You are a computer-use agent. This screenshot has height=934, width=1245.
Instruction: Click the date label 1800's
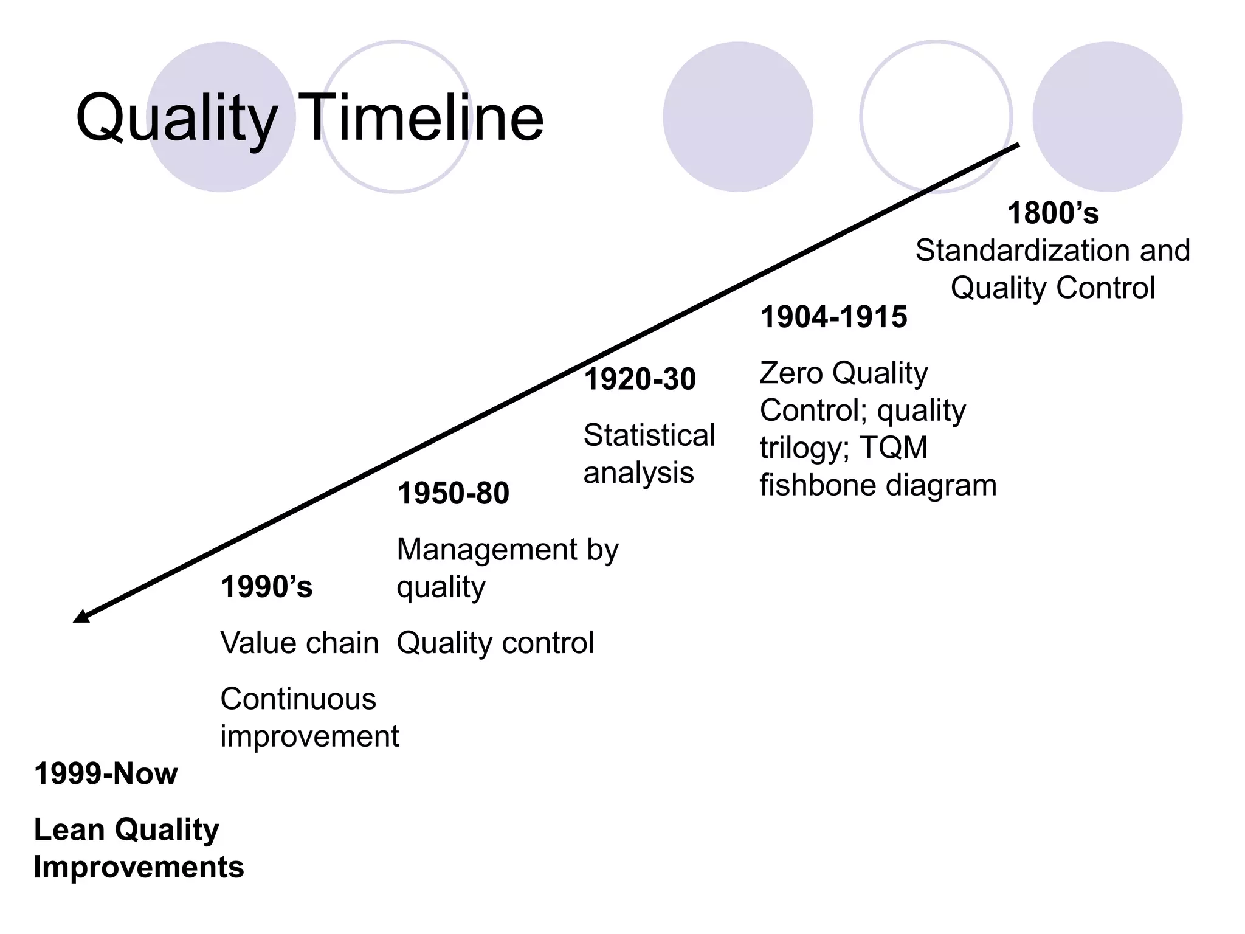(x=1053, y=213)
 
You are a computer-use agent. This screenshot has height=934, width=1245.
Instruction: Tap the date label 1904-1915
(x=833, y=317)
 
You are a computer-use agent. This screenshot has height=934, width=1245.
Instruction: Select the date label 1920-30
(x=640, y=379)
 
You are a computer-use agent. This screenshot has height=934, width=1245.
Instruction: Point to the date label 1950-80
(x=453, y=493)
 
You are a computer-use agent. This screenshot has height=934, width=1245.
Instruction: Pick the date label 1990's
(x=266, y=587)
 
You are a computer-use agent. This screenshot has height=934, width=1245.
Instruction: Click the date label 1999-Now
(x=106, y=774)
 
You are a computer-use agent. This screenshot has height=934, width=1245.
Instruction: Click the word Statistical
(x=649, y=435)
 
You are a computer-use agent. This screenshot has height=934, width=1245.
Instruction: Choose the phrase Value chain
(x=299, y=643)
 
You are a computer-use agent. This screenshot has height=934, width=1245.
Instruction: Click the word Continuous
(x=298, y=699)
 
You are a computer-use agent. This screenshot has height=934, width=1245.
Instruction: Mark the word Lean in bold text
(x=69, y=830)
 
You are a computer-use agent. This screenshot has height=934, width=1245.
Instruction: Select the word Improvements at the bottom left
(x=139, y=867)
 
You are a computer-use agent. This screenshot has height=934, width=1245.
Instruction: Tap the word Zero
(x=791, y=373)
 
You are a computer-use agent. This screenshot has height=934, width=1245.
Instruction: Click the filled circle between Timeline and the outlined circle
(x=737, y=117)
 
